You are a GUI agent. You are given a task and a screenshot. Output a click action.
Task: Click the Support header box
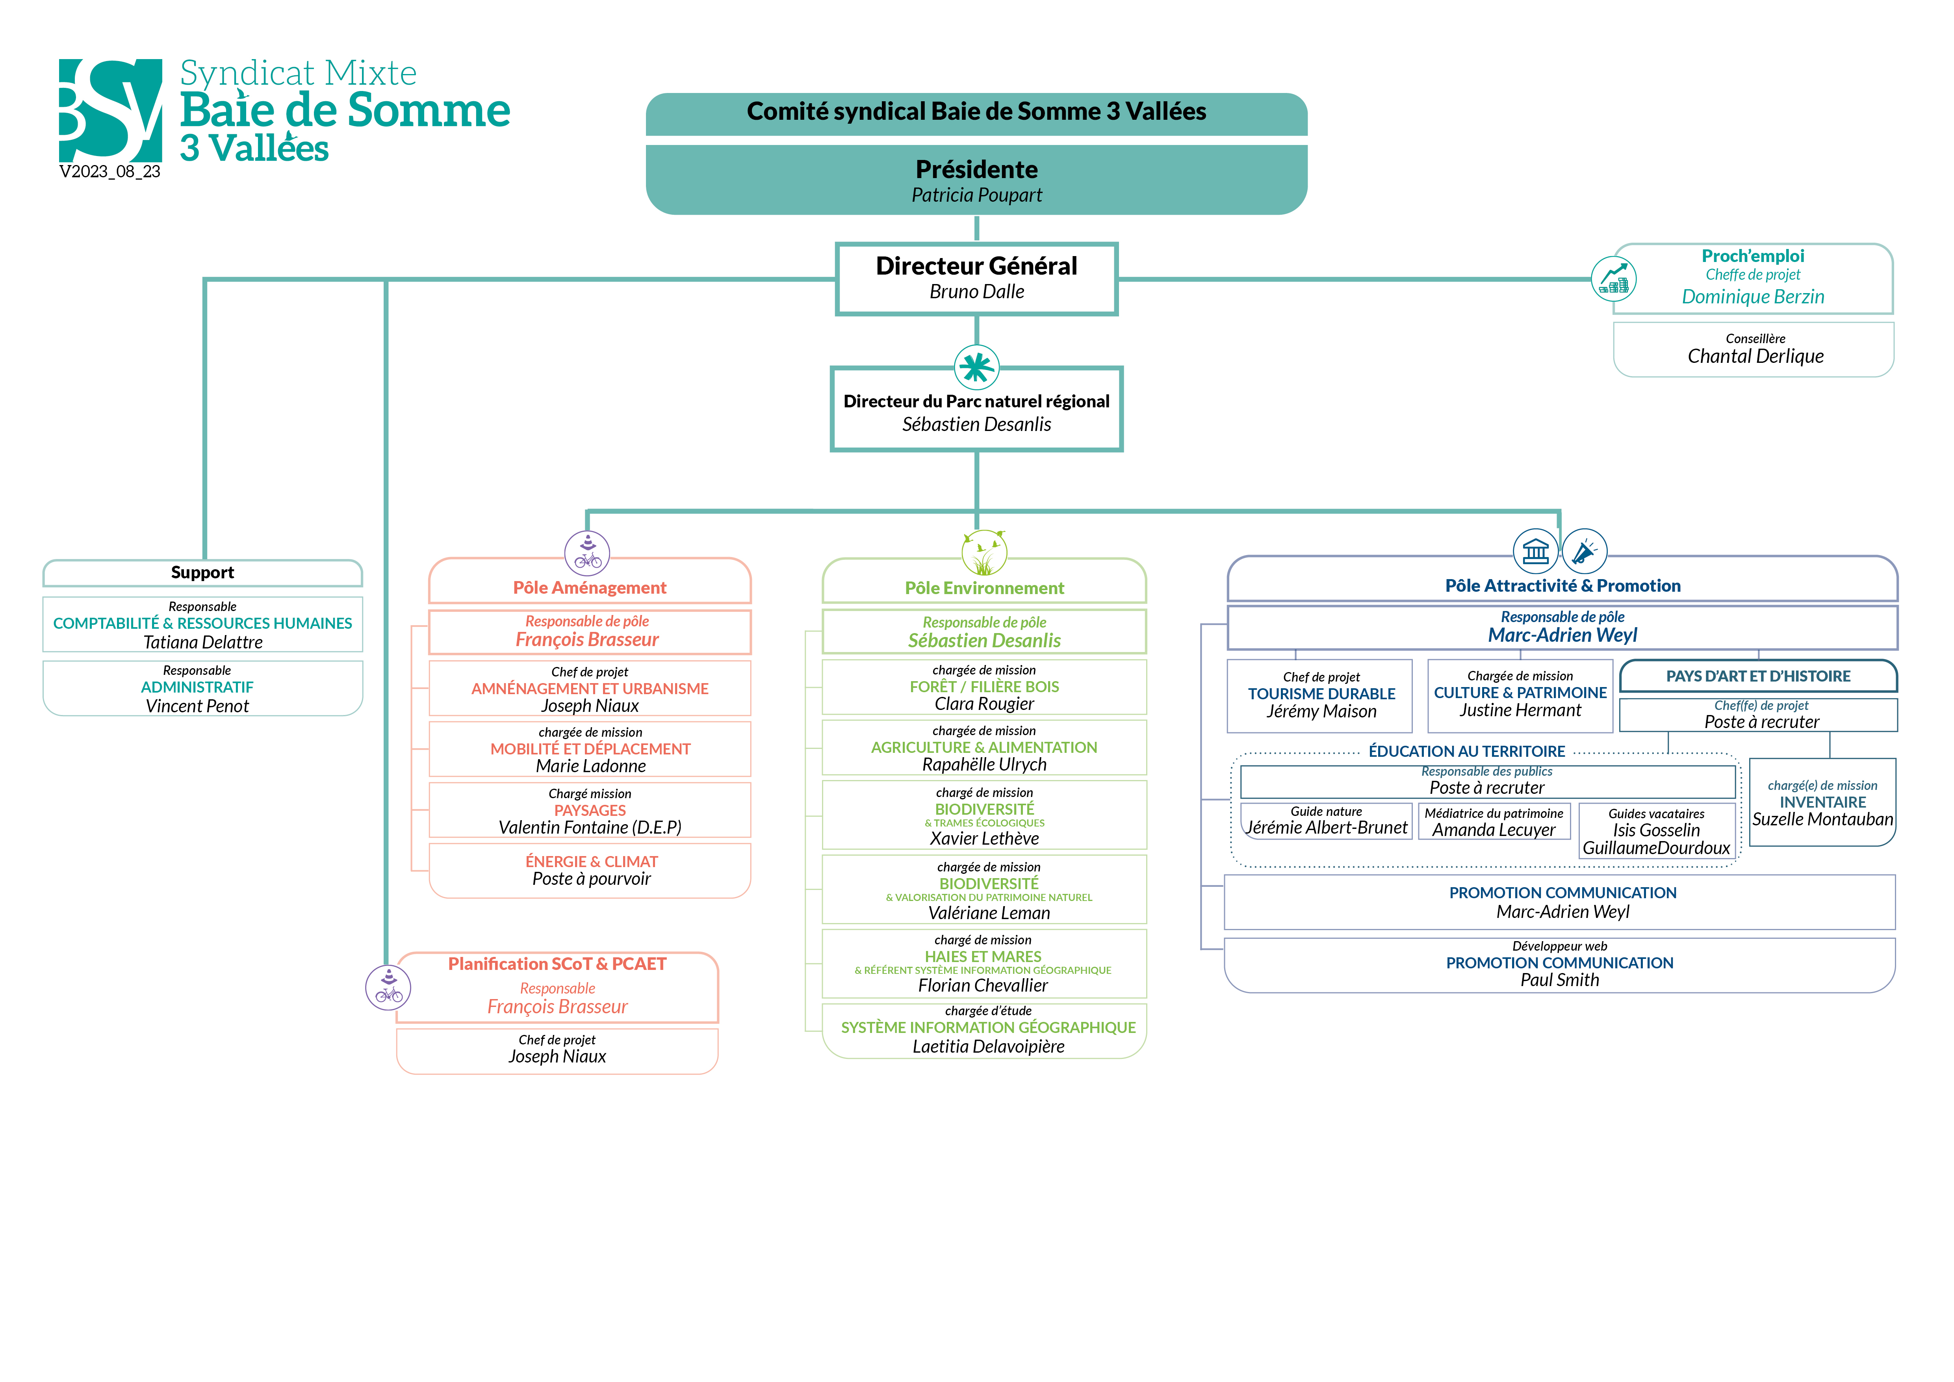pyautogui.click(x=202, y=573)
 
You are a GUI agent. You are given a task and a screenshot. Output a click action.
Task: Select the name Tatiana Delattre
pyautogui.click(x=202, y=643)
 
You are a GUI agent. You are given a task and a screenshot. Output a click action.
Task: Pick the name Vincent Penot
pyautogui.click(x=197, y=706)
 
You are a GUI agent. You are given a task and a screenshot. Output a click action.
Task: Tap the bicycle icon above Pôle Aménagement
pyautogui.click(x=587, y=553)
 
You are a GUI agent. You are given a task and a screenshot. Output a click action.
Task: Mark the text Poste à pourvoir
pyautogui.click(x=592, y=879)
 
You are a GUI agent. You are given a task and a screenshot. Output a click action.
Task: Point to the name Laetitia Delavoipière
pyautogui.click(x=988, y=1047)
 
